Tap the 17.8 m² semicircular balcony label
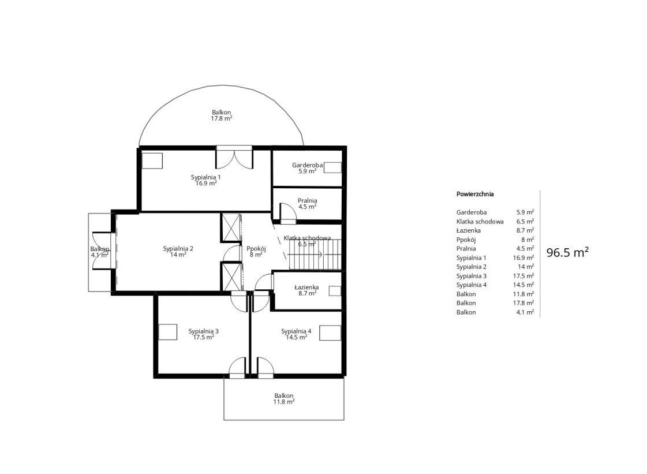pyautogui.click(x=222, y=115)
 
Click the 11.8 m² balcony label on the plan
pyautogui.click(x=284, y=398)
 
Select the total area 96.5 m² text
pyautogui.click(x=567, y=252)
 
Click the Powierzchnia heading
pyautogui.click(x=475, y=194)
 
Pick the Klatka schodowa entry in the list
pyautogui.click(x=480, y=222)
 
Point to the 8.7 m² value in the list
pyautogui.click(x=525, y=230)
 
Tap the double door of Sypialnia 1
pyautogui.click(x=234, y=158)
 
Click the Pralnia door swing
pyautogui.click(x=288, y=211)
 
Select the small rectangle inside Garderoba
pyautogui.click(x=332, y=167)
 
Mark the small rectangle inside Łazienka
pyautogui.click(x=335, y=290)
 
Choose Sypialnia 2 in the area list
pyautogui.click(x=471, y=267)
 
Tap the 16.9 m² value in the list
pyautogui.click(x=523, y=257)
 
